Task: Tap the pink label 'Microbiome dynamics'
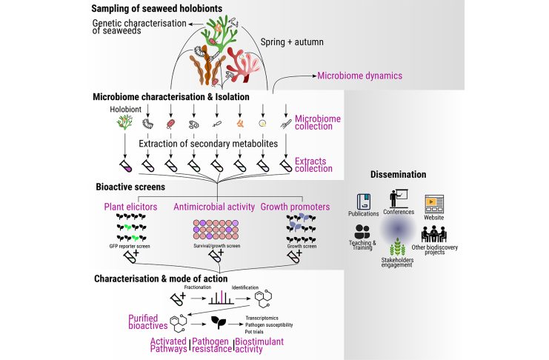[x=360, y=76]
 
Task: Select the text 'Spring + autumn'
[x=295, y=42]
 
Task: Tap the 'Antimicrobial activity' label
[x=215, y=207]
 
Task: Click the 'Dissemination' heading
[x=398, y=175]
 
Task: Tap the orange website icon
[x=433, y=202]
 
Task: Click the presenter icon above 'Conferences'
[x=398, y=197]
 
